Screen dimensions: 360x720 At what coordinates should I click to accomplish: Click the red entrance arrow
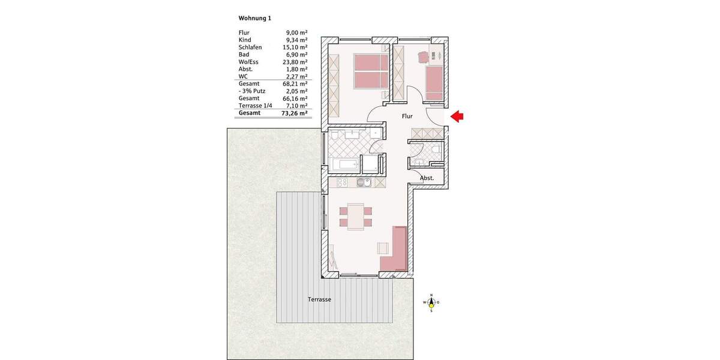pos(457,118)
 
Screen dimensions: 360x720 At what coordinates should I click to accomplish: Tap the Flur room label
pos(408,117)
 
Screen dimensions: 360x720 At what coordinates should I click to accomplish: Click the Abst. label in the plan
pos(427,178)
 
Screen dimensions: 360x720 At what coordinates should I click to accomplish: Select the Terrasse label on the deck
pos(319,299)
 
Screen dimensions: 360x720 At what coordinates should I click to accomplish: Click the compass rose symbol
pos(431,302)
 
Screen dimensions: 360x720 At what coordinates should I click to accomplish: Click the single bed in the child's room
pos(434,83)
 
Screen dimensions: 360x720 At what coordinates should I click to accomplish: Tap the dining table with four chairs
pos(355,216)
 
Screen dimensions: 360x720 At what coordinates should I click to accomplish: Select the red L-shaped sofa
pos(396,252)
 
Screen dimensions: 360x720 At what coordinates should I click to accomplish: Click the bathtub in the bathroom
pos(344,164)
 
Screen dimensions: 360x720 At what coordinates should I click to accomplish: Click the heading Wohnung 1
pos(254,18)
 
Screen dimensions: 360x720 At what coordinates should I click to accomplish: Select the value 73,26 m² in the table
pos(295,113)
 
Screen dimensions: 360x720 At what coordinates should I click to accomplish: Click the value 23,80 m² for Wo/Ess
pos(295,62)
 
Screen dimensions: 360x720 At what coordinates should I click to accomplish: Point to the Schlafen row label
pos(250,47)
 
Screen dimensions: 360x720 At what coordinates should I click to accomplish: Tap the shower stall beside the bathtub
pos(372,164)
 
